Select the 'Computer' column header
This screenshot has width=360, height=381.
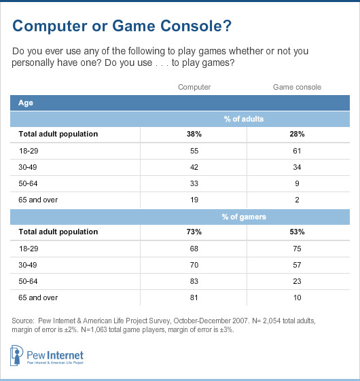194,87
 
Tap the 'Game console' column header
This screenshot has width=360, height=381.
296,87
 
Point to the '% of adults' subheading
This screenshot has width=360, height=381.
245,120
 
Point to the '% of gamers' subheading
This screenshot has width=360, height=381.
245,217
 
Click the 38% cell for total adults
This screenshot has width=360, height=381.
194,134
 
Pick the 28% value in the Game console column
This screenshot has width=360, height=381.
296,134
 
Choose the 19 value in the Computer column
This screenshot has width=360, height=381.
194,200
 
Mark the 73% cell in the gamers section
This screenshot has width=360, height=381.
194,232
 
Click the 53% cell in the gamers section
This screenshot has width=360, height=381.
296,232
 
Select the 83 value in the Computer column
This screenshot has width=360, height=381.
194,280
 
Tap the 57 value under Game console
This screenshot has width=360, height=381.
296,264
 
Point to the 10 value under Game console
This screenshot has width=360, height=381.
296,297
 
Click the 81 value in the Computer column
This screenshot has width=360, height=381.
194,297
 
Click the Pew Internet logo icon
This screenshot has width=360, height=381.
18,356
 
